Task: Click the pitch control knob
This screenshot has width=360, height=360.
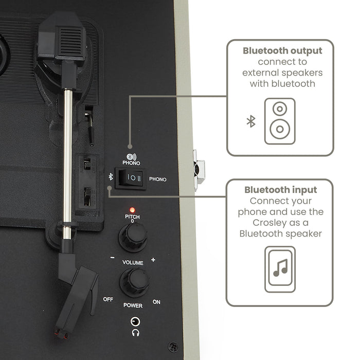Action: pyautogui.click(x=133, y=238)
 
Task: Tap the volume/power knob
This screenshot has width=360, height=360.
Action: pyautogui.click(x=135, y=283)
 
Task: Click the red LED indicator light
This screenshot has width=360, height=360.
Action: pyautogui.click(x=132, y=210)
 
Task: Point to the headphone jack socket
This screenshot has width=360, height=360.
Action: pyautogui.click(x=135, y=321)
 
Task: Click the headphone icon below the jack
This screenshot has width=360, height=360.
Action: pyautogui.click(x=135, y=333)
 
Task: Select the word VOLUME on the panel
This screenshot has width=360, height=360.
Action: pyautogui.click(x=133, y=262)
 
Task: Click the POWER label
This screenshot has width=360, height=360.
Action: pyautogui.click(x=133, y=305)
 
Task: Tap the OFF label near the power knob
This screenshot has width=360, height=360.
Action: pyautogui.click(x=108, y=299)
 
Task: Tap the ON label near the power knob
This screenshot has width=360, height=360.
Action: pyautogui.click(x=156, y=302)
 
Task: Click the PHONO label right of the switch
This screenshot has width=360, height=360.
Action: pyautogui.click(x=158, y=179)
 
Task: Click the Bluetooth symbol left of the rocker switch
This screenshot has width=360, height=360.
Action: pyautogui.click(x=111, y=177)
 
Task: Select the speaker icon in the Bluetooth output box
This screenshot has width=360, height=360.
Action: pyautogui.click(x=280, y=121)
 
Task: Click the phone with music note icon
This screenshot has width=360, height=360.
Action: pyautogui.click(x=280, y=269)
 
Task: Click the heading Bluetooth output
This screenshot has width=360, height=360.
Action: pyautogui.click(x=282, y=51)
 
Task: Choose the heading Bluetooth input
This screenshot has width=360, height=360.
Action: pyautogui.click(x=281, y=190)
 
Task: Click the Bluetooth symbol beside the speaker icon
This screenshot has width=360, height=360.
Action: pyautogui.click(x=251, y=121)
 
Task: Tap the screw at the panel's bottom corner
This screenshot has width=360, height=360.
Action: pyautogui.click(x=173, y=347)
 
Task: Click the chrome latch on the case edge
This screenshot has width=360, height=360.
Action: pyautogui.click(x=199, y=170)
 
